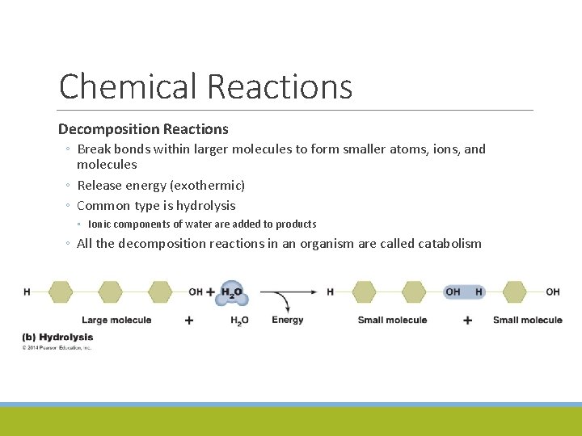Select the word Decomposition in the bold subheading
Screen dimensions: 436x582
[x=108, y=129]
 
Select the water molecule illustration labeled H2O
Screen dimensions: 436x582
[x=232, y=294]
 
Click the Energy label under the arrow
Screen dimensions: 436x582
[x=288, y=320]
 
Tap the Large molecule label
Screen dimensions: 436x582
[x=116, y=320]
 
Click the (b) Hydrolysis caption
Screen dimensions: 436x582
[x=57, y=337]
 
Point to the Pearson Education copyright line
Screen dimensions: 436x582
[x=57, y=348]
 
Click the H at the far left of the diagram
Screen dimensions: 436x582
[x=27, y=291]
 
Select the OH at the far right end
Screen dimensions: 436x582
[x=553, y=291]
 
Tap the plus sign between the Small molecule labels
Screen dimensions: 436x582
[x=467, y=321]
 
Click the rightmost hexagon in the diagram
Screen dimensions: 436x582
[x=514, y=291]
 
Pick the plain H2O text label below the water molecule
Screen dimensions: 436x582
[x=239, y=321]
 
